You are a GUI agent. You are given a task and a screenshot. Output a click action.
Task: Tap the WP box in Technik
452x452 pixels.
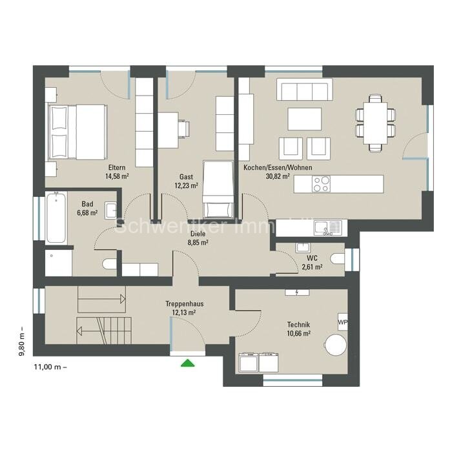click(x=342, y=322)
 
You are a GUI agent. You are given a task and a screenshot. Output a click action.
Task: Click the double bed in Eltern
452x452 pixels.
click(x=77, y=132)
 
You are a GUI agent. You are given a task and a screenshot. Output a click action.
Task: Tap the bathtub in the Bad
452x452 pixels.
click(x=56, y=218)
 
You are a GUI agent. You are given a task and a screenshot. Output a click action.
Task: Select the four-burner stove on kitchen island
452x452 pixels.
click(x=322, y=184)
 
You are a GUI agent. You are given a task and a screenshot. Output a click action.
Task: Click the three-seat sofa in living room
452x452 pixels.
click(x=304, y=90)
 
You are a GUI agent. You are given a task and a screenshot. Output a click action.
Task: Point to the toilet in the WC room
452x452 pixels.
click(x=338, y=259)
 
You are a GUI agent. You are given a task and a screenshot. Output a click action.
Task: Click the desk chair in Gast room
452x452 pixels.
click(x=184, y=129)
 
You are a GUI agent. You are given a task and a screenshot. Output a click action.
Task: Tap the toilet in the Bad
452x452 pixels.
click(x=109, y=263)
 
